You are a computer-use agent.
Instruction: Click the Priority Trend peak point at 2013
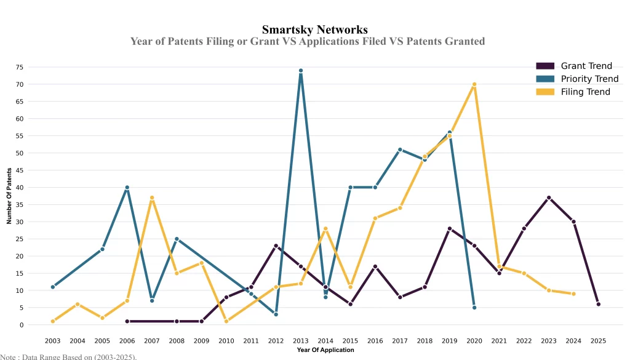[x=300, y=70]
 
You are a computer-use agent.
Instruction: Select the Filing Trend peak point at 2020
[x=474, y=84]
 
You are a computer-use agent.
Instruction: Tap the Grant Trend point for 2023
[x=548, y=198]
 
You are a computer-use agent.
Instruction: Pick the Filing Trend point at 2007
[x=152, y=198]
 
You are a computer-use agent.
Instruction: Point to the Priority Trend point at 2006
[x=127, y=188]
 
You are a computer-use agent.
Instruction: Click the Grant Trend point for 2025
[x=598, y=304]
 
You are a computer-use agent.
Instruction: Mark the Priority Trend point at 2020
[x=474, y=308]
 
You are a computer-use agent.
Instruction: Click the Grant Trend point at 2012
[x=276, y=246]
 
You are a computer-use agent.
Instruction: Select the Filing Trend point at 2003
[x=53, y=321]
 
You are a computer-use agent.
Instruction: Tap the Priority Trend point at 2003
[x=53, y=287]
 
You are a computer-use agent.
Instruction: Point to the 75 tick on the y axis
[x=37, y=67]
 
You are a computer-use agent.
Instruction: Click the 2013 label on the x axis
[x=300, y=340]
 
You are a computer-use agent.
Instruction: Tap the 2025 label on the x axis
[x=598, y=340]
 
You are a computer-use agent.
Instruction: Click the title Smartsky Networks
[x=315, y=30]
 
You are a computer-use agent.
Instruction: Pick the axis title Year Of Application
[x=325, y=350]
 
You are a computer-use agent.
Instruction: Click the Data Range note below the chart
[x=68, y=356]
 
